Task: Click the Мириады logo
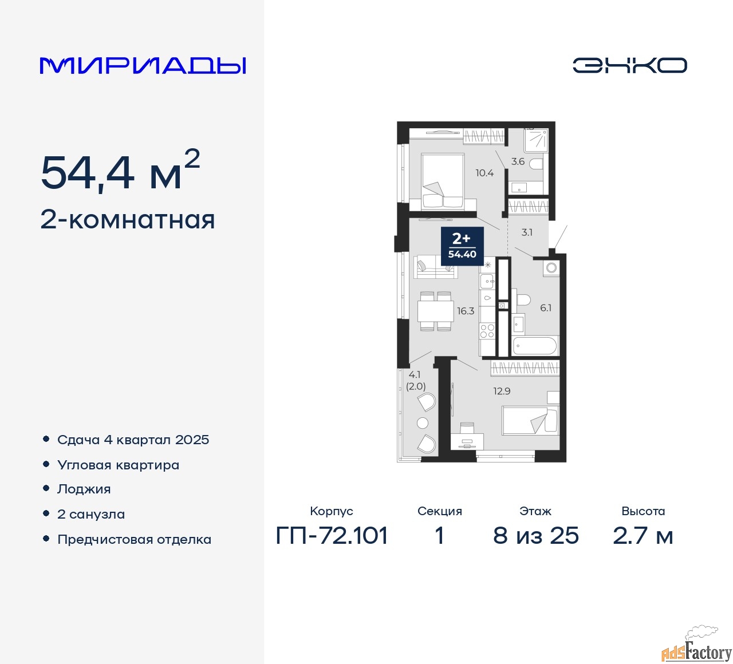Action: [x=143, y=66]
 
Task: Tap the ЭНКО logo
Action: [x=629, y=65]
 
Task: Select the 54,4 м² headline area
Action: [x=121, y=171]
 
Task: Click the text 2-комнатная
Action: [x=128, y=220]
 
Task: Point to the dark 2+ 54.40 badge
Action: [x=462, y=246]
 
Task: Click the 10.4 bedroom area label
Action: [x=484, y=173]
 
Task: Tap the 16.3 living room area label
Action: [x=466, y=311]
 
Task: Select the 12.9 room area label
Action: [x=502, y=391]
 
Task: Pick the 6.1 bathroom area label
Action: [x=546, y=308]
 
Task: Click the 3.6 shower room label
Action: [x=518, y=161]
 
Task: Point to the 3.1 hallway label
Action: [x=526, y=232]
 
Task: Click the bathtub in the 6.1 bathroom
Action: [x=535, y=346]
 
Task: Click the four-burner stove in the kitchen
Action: [x=487, y=331]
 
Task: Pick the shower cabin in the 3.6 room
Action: [x=535, y=140]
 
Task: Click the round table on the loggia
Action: [x=423, y=423]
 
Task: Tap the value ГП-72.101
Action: [x=332, y=536]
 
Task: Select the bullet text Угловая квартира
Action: [x=118, y=465]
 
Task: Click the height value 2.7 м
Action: [x=643, y=536]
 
